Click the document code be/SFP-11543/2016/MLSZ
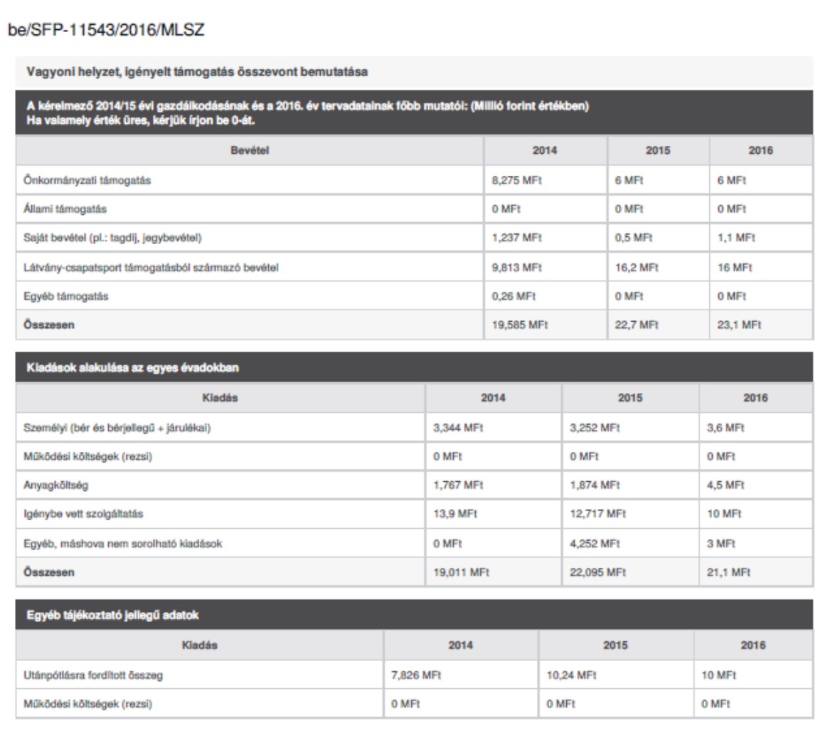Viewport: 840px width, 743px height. (x=106, y=31)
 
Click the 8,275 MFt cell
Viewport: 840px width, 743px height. (x=516, y=181)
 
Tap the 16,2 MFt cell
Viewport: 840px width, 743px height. (x=637, y=268)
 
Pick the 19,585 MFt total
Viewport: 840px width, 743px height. (x=519, y=325)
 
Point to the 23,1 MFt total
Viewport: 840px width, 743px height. (x=739, y=325)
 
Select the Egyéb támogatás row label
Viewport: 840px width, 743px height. (x=66, y=296)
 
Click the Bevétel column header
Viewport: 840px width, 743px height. (x=250, y=151)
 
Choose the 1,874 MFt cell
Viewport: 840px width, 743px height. (x=595, y=485)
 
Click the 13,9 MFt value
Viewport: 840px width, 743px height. (x=455, y=514)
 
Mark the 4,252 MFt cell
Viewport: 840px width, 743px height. (x=595, y=544)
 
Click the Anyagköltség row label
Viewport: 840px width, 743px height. (x=56, y=485)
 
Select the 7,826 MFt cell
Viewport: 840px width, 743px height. (x=416, y=675)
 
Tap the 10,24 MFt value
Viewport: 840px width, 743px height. (x=571, y=675)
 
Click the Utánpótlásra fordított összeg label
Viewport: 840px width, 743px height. (x=93, y=675)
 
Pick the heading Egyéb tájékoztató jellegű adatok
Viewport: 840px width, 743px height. (x=112, y=616)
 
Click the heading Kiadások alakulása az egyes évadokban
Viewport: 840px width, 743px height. (x=132, y=368)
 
